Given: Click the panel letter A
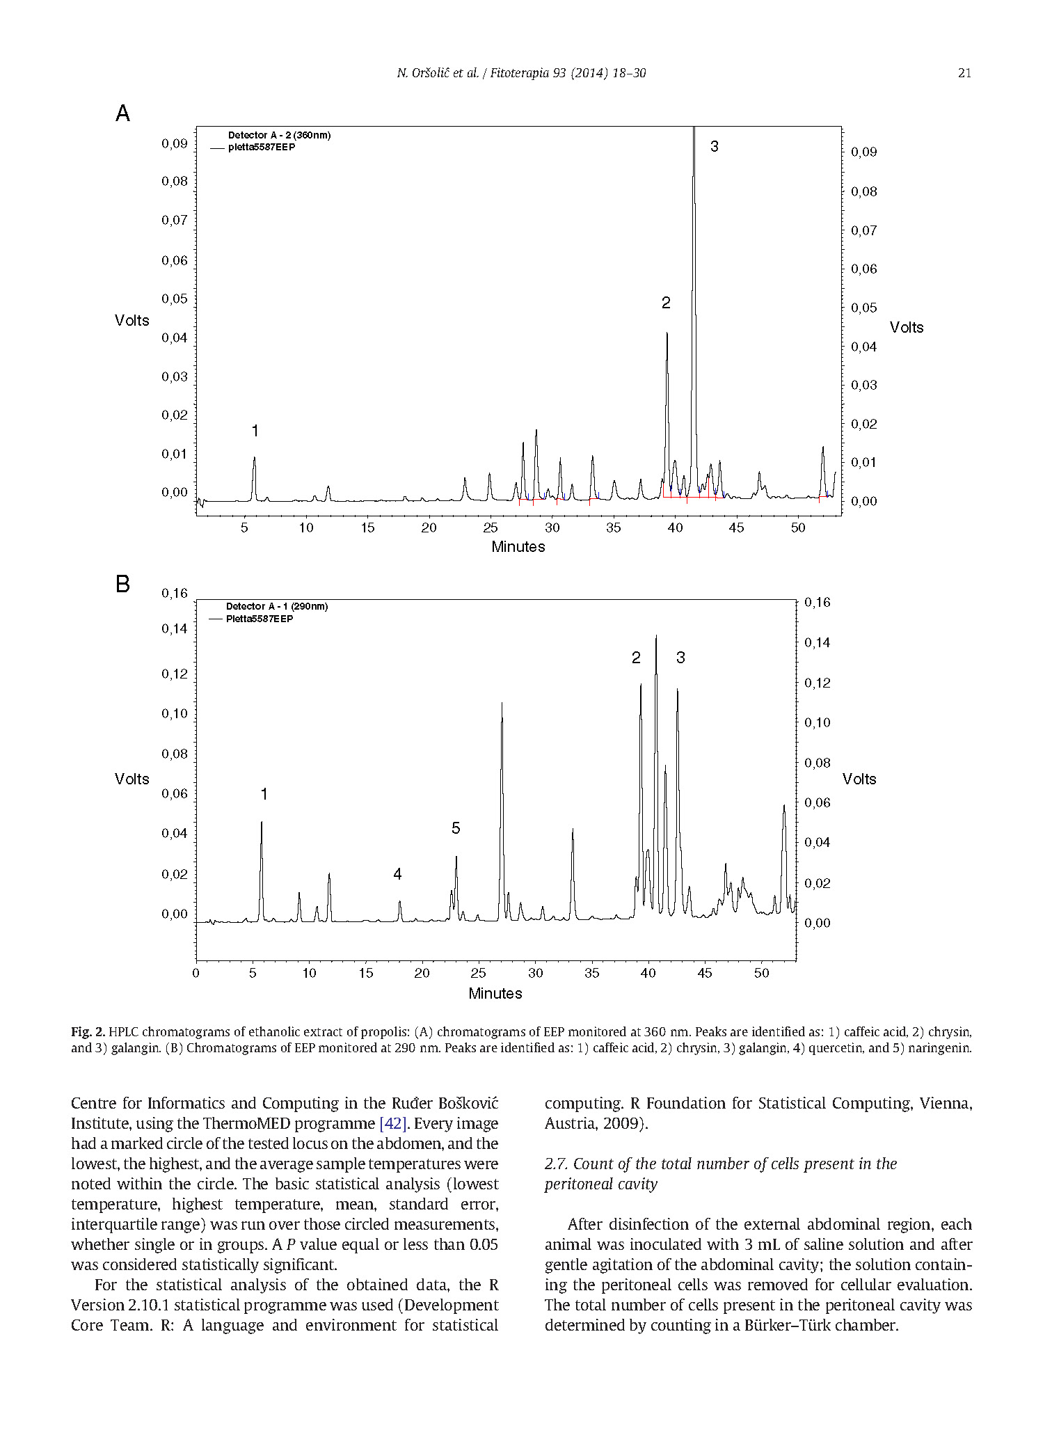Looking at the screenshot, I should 122,113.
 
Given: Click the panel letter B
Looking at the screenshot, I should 122,584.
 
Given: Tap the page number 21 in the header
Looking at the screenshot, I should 964,73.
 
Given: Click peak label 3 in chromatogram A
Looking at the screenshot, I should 714,147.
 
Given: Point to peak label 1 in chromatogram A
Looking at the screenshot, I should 255,431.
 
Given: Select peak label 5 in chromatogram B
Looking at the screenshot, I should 456,828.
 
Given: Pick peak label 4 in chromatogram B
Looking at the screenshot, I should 397,874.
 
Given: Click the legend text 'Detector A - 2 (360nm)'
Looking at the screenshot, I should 279,135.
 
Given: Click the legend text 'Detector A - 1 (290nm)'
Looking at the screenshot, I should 277,606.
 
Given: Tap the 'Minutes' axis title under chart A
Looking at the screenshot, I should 518,547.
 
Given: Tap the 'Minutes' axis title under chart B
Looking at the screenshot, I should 495,994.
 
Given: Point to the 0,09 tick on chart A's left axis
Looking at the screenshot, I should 175,143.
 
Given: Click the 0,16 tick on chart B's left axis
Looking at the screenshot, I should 175,593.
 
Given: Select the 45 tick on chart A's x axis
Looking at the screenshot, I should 736,528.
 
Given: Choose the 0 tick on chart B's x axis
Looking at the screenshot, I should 196,973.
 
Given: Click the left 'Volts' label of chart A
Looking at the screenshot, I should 132,320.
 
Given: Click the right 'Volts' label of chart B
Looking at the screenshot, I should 859,779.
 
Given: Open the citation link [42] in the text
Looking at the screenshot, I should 392,1123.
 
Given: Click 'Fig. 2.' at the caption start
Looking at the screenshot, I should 88,1031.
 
